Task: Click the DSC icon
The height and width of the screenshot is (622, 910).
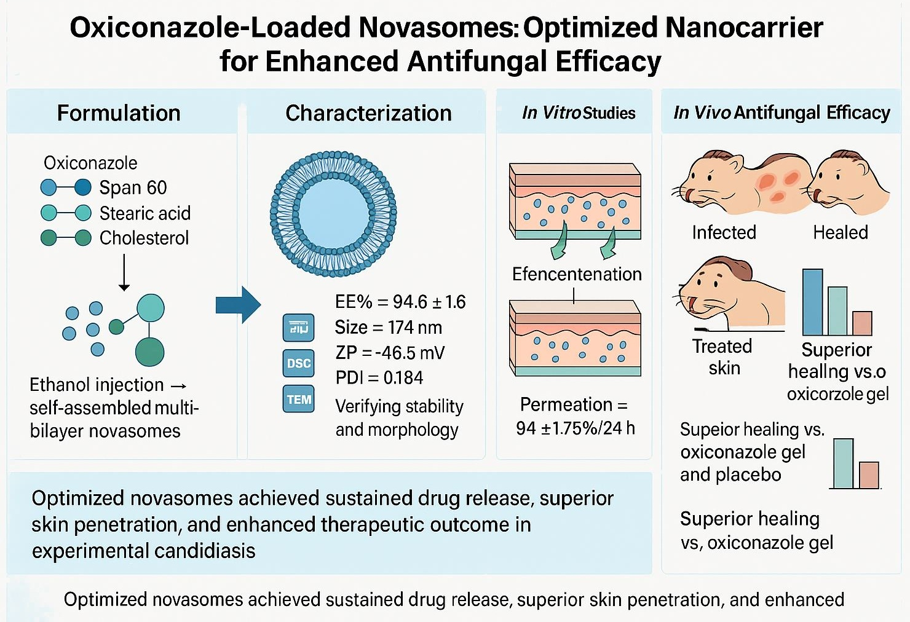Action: pyautogui.click(x=299, y=363)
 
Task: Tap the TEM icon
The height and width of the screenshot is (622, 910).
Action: pyautogui.click(x=299, y=400)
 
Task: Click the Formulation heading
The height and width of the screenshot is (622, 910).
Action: pyautogui.click(x=119, y=113)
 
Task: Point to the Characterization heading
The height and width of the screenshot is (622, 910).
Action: pyautogui.click(x=368, y=113)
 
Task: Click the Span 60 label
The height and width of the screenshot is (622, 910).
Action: pyautogui.click(x=133, y=187)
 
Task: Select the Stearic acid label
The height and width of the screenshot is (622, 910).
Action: pyautogui.click(x=145, y=213)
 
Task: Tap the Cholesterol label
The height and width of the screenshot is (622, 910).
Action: pyautogui.click(x=144, y=238)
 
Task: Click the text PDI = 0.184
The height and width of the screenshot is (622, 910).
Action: pyautogui.click(x=379, y=377)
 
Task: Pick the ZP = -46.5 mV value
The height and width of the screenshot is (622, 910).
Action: pyautogui.click(x=390, y=352)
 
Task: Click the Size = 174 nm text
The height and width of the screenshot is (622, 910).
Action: pyautogui.click(x=388, y=327)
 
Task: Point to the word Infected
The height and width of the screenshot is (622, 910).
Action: pyautogui.click(x=724, y=232)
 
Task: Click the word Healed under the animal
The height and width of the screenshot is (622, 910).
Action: pyautogui.click(x=840, y=232)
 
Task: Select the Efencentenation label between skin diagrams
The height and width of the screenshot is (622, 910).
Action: pyautogui.click(x=576, y=274)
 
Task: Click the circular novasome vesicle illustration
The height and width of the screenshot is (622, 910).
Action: pyautogui.click(x=333, y=214)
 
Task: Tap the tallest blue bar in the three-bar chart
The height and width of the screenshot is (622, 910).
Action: pyautogui.click(x=812, y=302)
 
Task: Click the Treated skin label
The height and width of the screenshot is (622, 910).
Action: pyautogui.click(x=722, y=357)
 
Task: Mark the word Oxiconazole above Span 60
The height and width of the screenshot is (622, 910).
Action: pyautogui.click(x=90, y=163)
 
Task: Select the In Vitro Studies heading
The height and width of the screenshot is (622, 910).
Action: pyautogui.click(x=578, y=113)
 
